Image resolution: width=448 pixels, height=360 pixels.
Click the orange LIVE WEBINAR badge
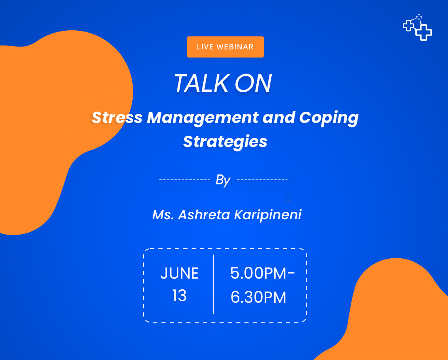(x=225, y=47)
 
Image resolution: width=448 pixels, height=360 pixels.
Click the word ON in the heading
(x=253, y=83)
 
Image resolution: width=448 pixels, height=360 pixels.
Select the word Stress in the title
(x=117, y=118)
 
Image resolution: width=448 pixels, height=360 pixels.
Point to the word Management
(x=203, y=118)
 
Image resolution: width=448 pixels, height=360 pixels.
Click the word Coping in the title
(x=329, y=118)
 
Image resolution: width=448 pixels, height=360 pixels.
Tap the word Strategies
(x=225, y=142)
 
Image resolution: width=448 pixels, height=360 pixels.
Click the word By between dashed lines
(x=223, y=180)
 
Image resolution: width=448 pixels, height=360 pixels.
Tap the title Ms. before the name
(x=163, y=215)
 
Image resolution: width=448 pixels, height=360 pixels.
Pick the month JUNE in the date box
(x=180, y=273)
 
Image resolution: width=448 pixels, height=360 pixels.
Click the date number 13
(x=179, y=296)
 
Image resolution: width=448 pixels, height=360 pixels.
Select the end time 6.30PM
(x=258, y=297)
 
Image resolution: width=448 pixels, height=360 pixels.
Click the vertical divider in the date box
(x=214, y=284)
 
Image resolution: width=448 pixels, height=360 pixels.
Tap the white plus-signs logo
(x=417, y=27)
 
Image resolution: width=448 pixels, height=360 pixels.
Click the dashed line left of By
(x=185, y=180)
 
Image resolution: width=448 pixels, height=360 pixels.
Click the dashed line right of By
(x=262, y=180)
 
